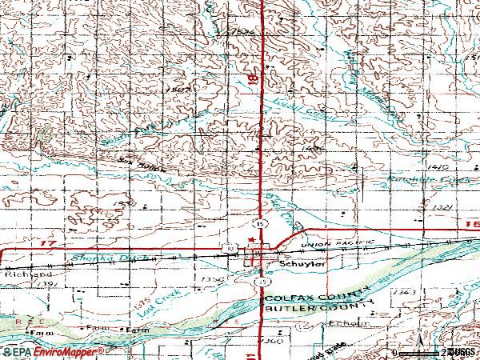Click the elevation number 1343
click(405, 294)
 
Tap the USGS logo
click(462, 351)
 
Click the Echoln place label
click(352, 325)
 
